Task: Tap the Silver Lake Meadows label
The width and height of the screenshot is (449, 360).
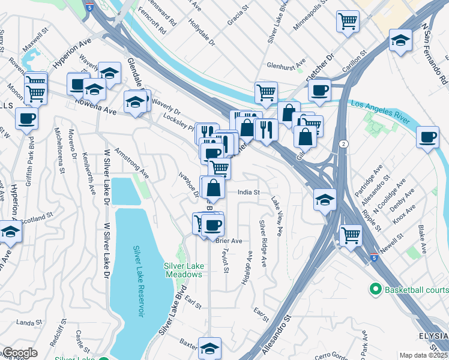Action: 183,270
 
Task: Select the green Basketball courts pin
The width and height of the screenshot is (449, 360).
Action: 376,290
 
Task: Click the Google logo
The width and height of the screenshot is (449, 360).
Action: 20,353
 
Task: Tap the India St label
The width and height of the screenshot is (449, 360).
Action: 248,193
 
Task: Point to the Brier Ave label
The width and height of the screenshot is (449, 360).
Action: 229,241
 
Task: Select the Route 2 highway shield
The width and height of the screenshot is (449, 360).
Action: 342,144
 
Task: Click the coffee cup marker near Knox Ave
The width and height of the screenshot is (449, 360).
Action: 427,137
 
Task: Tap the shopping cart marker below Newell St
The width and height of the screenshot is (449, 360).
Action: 350,235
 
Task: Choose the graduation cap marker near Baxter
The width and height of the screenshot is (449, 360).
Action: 209,347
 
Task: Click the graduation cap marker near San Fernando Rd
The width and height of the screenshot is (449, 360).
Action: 400,40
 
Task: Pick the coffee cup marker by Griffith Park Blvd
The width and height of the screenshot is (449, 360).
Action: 26,118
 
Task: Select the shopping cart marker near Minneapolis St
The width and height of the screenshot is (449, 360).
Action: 348,22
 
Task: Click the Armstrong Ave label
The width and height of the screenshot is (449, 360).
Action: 131,163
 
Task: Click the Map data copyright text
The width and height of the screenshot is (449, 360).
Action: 424,355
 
